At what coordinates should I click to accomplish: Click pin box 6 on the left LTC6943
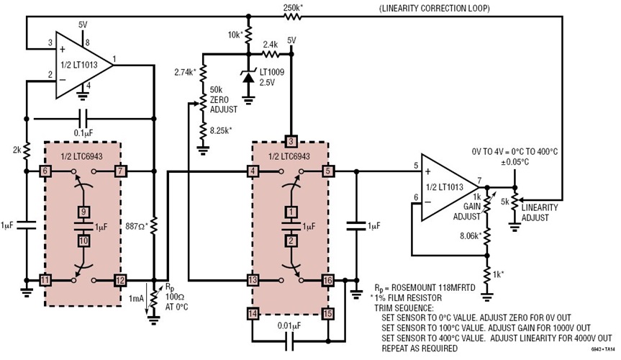pyautogui.click(x=44, y=172)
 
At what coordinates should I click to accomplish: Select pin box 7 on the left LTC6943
pyautogui.click(x=119, y=172)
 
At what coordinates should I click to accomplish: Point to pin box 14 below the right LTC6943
pyautogui.click(x=253, y=313)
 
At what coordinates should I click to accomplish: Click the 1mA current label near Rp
pyautogui.click(x=136, y=298)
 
